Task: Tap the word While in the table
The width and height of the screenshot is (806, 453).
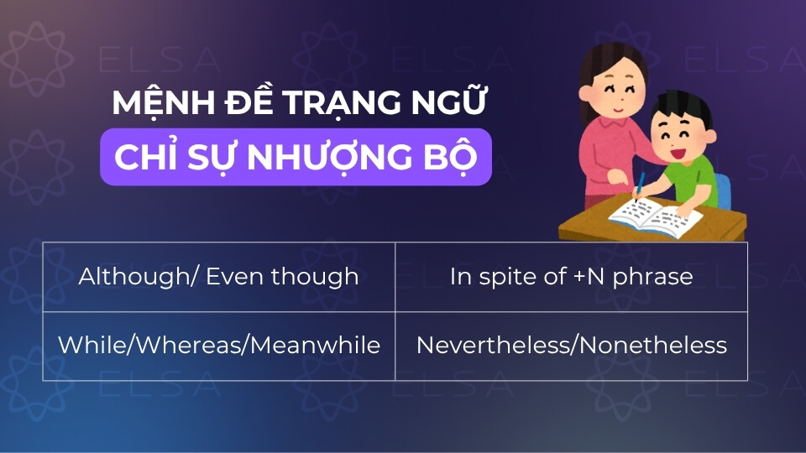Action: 88,345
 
